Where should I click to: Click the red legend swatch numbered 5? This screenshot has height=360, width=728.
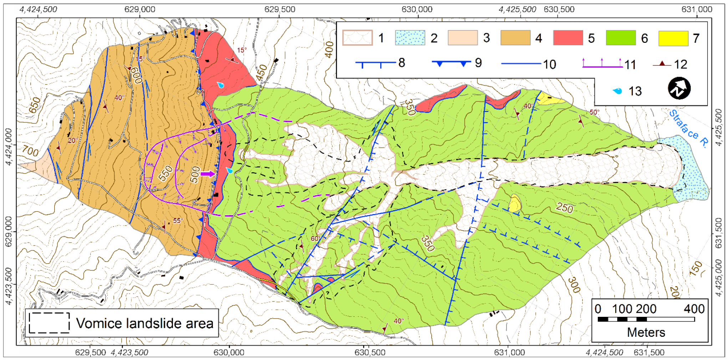coord(568,38)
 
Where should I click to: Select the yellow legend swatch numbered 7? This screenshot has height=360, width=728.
coord(673,38)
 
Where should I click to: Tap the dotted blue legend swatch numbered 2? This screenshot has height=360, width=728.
coord(410,38)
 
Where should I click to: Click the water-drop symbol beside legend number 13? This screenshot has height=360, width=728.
coord(617,91)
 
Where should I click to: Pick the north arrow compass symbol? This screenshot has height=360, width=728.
coord(679,88)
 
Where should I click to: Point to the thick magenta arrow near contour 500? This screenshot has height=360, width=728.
coord(208,174)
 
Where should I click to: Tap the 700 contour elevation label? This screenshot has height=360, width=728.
coord(30,151)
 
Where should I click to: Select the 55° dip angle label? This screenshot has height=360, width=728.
coord(178,220)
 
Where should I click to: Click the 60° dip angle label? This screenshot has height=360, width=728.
coord(315,238)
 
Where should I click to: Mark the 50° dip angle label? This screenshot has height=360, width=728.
coord(594,112)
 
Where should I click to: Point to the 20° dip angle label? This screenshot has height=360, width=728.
coord(72,141)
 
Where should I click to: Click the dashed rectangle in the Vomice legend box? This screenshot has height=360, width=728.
coord(49,323)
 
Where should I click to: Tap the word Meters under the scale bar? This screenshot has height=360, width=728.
coord(646,333)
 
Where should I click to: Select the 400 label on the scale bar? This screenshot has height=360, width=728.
coord(694,309)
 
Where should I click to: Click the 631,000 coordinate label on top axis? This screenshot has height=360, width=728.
coord(696,9)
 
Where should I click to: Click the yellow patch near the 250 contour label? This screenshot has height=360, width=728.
coord(514,204)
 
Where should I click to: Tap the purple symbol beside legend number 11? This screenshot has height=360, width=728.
coord(602,63)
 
